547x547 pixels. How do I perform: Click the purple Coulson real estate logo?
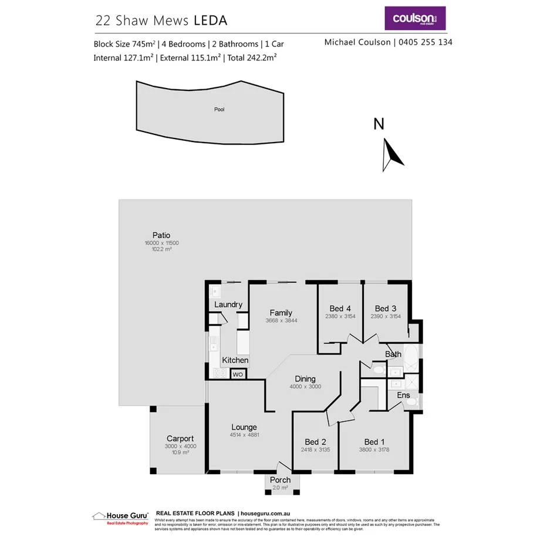coord(415,18)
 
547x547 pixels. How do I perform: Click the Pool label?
coord(220,110)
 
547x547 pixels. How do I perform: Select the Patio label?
coord(161,235)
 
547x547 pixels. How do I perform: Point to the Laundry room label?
coord(228,305)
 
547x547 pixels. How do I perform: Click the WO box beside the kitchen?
coord(238,374)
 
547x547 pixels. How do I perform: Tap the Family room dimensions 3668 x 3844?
coord(281,321)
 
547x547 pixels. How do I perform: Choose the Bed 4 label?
coord(340,309)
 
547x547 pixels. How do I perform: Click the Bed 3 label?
coord(386,309)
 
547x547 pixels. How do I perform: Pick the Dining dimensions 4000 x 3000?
coord(305,387)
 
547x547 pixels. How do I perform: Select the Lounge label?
coord(244,427)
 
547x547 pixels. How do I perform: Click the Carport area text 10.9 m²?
coord(180,453)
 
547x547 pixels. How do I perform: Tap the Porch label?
coord(281,480)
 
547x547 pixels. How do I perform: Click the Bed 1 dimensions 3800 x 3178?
coord(374,450)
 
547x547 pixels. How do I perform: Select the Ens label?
coord(404,396)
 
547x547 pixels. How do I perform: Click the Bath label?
coord(393,354)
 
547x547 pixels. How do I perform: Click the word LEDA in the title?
coord(210,21)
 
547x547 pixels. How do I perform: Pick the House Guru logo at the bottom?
coord(120,517)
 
